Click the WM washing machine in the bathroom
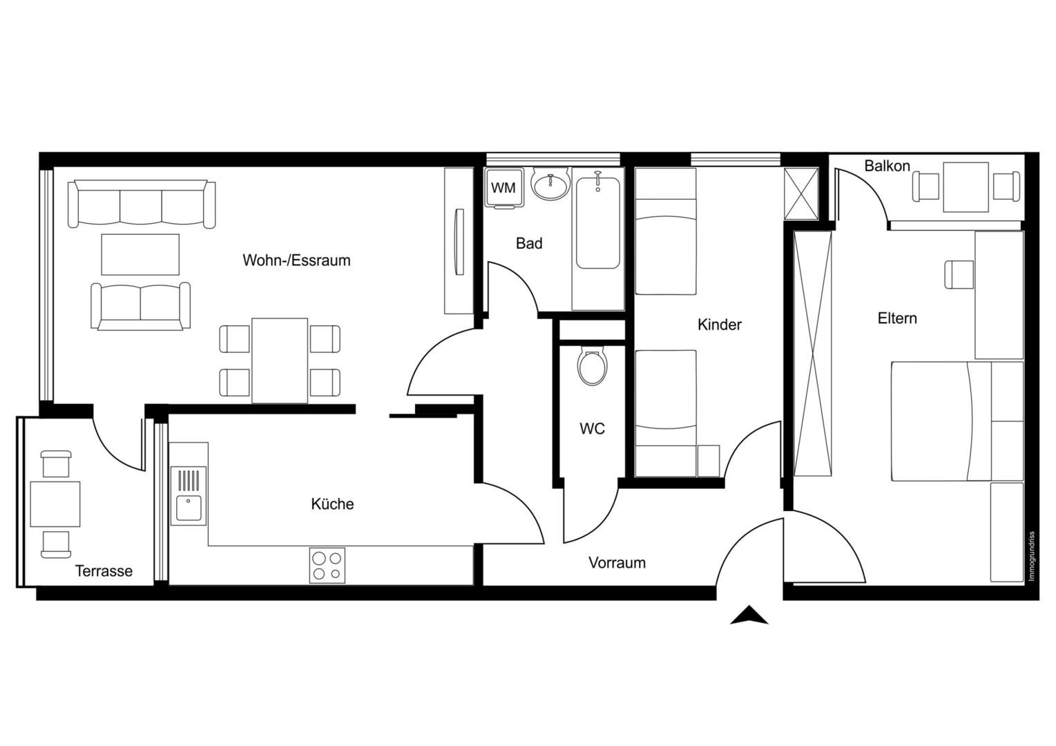click(x=503, y=187)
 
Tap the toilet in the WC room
click(x=593, y=365)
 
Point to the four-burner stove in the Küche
click(x=327, y=566)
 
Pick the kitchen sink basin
click(x=189, y=508)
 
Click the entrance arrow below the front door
click(x=749, y=615)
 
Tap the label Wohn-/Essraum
click(x=296, y=260)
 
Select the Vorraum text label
click(x=617, y=562)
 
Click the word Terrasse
click(x=104, y=571)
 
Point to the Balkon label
click(x=887, y=166)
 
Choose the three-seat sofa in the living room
click(x=142, y=204)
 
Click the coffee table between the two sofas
click(x=140, y=255)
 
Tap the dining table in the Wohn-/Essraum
click(x=280, y=361)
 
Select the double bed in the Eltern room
click(x=957, y=421)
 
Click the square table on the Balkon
click(x=966, y=187)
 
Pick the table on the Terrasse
click(x=55, y=504)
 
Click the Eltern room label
click(x=897, y=318)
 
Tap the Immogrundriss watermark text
click(x=1032, y=556)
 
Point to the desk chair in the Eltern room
click(x=959, y=274)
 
